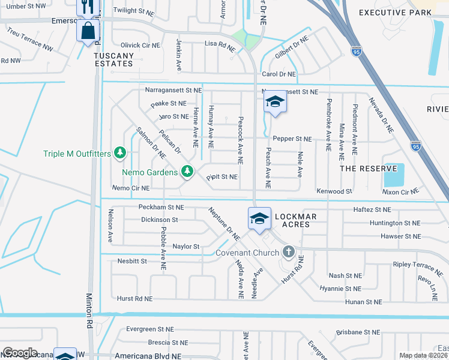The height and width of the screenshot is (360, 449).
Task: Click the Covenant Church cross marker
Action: pos(289,251)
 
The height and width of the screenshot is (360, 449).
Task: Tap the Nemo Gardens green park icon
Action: pos(187,172)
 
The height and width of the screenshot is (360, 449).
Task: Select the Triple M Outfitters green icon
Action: pos(120,154)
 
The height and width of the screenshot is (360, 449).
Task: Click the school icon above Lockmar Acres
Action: pos(259,218)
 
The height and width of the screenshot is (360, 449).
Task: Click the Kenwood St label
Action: pos(334,191)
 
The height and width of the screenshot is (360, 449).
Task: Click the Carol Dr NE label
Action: pos(279,74)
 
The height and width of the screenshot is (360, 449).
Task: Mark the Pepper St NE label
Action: pos(292,139)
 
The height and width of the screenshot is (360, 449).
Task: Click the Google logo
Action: pos(20,353)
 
